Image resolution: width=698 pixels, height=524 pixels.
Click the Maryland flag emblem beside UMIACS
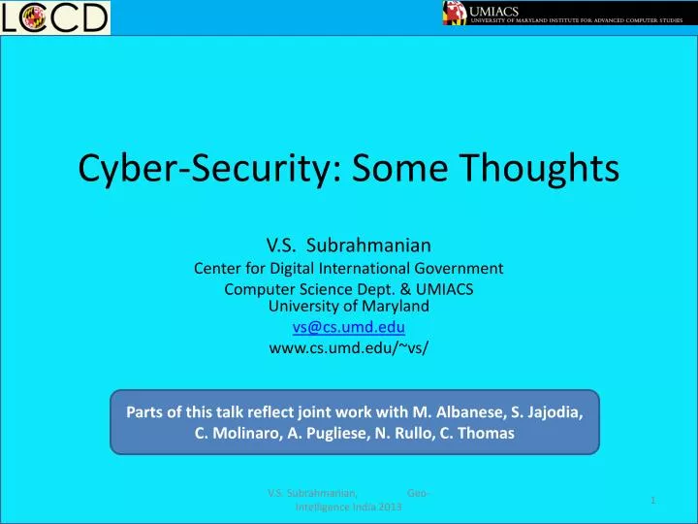tap(455, 13)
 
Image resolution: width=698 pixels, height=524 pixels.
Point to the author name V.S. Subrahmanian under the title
tap(349, 245)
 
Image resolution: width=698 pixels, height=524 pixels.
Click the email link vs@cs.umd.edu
tap(349, 327)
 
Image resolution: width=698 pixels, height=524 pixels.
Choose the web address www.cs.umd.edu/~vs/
tap(349, 348)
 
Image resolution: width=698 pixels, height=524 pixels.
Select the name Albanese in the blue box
tap(447, 411)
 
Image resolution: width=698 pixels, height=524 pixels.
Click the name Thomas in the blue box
tap(490, 434)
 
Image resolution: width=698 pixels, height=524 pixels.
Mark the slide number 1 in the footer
tap(653, 500)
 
